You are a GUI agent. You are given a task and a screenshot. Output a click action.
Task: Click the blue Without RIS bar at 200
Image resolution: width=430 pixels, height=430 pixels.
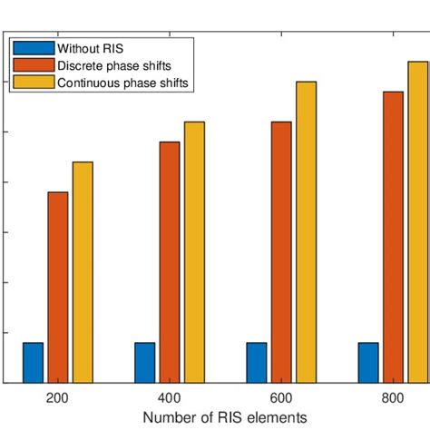click(x=34, y=362)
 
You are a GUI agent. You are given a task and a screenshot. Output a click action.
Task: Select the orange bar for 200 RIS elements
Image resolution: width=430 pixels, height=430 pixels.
click(x=58, y=287)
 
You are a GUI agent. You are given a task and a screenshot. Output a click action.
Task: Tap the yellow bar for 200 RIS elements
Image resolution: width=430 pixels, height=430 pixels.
click(x=83, y=271)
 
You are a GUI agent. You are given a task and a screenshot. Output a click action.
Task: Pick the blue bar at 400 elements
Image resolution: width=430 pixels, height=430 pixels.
click(x=145, y=362)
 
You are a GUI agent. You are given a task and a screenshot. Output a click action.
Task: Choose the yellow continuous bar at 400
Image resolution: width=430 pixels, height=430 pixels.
click(x=194, y=251)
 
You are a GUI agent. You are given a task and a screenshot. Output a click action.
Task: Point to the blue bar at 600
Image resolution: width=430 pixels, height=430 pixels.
click(x=257, y=362)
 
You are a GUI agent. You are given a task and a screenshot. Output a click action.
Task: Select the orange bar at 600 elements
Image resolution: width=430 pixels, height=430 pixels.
click(x=281, y=251)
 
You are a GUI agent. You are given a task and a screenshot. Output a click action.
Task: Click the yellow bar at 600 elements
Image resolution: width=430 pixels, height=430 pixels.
click(x=306, y=231)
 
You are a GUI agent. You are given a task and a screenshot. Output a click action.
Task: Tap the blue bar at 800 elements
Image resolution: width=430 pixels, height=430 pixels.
click(x=368, y=362)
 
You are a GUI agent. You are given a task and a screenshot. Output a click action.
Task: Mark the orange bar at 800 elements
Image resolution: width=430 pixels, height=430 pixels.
click(x=393, y=237)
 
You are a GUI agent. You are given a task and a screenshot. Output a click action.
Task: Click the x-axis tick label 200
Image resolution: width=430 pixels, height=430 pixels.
click(x=58, y=398)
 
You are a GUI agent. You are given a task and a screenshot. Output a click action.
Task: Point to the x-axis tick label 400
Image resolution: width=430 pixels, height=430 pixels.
click(x=170, y=398)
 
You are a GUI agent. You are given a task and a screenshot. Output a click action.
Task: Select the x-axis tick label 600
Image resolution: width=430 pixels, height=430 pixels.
click(x=281, y=398)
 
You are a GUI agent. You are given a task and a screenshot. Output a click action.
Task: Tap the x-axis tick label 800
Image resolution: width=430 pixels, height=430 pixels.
click(x=393, y=398)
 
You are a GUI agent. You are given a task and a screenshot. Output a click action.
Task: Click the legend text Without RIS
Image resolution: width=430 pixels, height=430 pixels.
click(x=83, y=48)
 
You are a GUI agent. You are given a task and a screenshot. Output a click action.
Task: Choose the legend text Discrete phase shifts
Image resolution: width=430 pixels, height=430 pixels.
click(x=112, y=65)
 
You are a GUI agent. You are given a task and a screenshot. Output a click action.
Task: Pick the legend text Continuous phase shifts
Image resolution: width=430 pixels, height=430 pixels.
click(x=122, y=83)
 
